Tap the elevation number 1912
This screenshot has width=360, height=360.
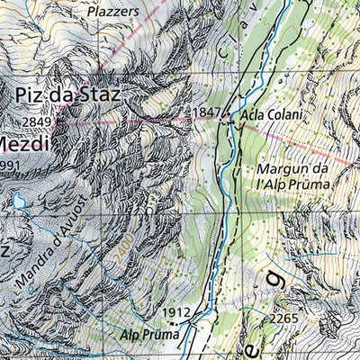(x=178, y=312)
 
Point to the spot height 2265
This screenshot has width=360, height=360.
(x=283, y=318)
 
